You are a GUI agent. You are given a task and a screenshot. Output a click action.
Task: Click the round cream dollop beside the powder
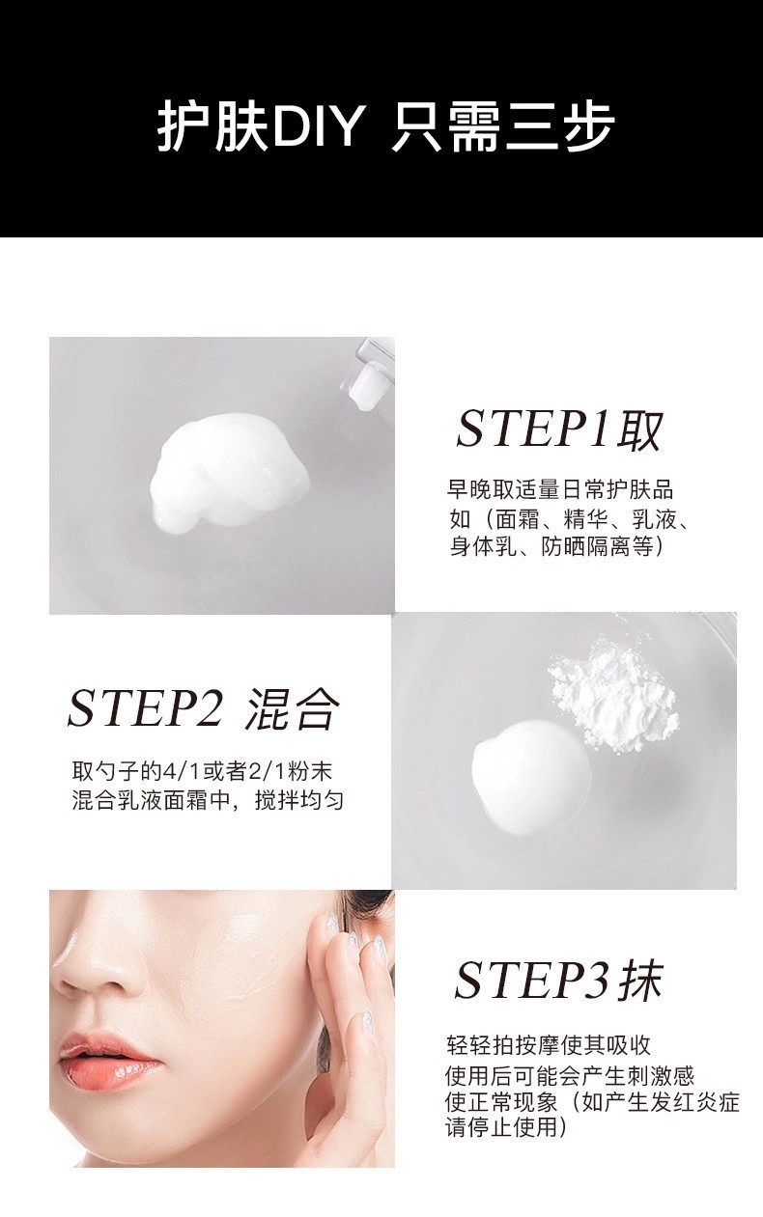point(530,777)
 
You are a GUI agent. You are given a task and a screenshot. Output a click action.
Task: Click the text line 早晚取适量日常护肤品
point(560,489)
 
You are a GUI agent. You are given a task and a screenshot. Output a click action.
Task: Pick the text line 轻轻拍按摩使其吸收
point(549,1044)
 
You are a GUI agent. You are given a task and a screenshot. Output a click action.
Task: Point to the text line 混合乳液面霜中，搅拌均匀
point(208,800)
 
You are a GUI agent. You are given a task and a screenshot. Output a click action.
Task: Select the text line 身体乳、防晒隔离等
point(556,546)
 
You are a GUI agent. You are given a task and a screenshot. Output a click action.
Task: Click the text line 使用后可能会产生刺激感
point(570,1076)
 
